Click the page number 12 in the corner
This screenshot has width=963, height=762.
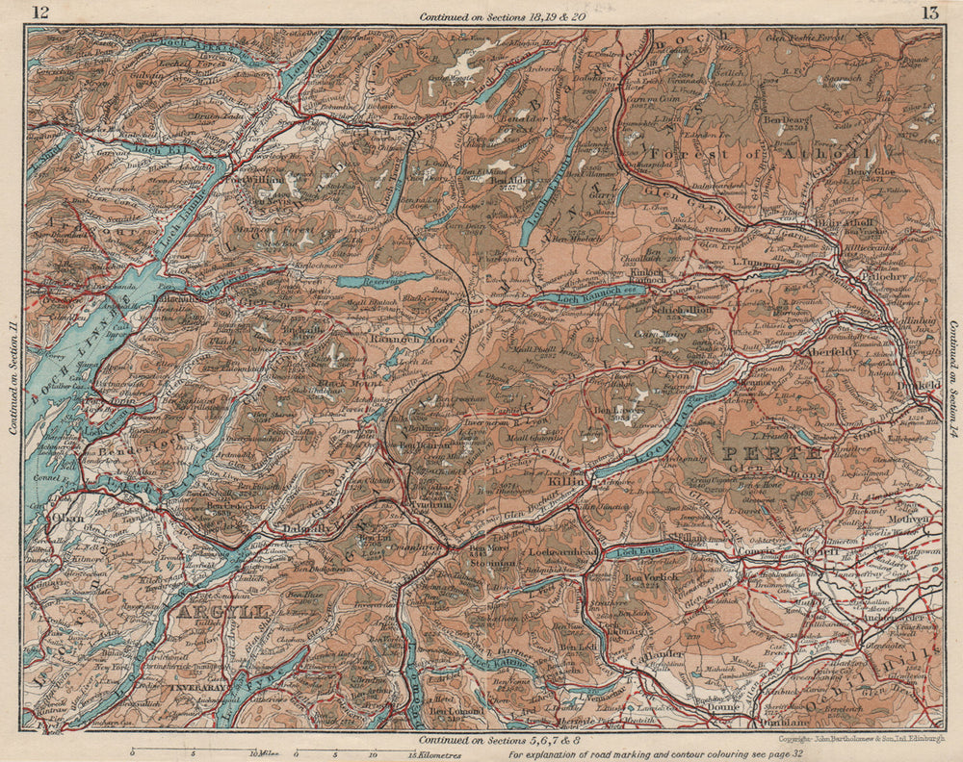point(39,13)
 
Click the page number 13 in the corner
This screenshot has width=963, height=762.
point(929,13)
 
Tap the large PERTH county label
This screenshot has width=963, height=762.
point(771,452)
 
